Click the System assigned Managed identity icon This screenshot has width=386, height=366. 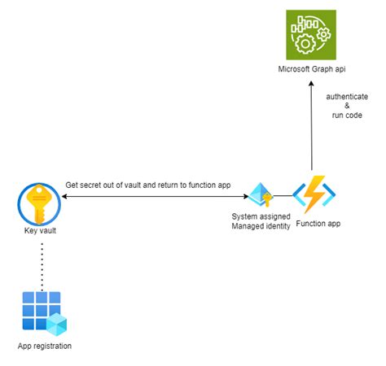click(x=260, y=196)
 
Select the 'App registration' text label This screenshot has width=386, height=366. click(x=44, y=346)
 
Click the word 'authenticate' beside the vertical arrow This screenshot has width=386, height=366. click(x=345, y=96)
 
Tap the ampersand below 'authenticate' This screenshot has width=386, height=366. click(x=345, y=106)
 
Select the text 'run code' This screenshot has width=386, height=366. click(x=345, y=115)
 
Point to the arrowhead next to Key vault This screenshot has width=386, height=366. click(x=63, y=196)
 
